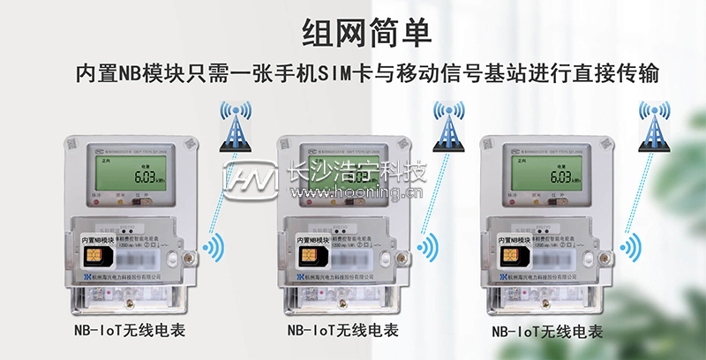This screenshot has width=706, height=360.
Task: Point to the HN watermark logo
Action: tap(249, 176)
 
